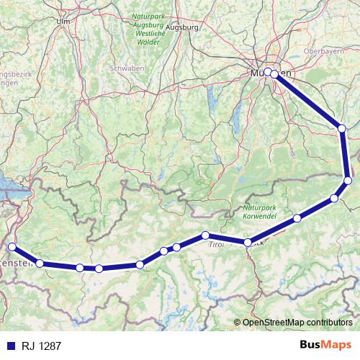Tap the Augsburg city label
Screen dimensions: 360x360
tap(181, 27)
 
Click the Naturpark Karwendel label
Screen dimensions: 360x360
tap(255, 210)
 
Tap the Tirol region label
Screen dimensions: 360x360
tap(216, 245)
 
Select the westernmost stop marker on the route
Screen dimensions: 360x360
tap(11, 247)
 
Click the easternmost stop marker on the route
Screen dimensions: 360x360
tap(348, 180)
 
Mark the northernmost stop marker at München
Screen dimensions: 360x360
tap(268, 71)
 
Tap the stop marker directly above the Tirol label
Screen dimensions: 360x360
tap(206, 235)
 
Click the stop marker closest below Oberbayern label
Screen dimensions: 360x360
tap(342, 128)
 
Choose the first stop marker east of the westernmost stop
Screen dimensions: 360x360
tap(40, 264)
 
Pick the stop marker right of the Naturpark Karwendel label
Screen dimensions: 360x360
tap(297, 218)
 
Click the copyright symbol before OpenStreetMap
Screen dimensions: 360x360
tap(238, 323)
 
